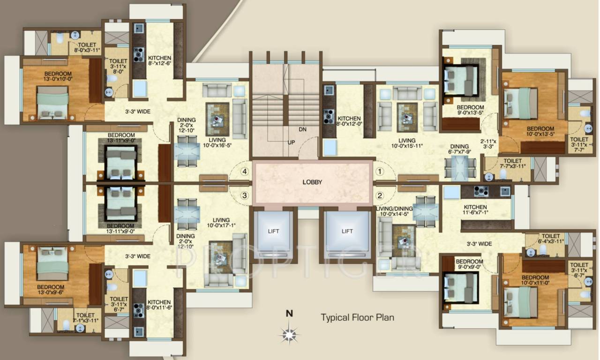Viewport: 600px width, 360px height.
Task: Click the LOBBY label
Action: click(x=312, y=182)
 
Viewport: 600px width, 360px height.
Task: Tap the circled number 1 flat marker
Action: click(x=380, y=172)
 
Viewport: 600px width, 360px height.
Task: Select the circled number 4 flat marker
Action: click(x=244, y=172)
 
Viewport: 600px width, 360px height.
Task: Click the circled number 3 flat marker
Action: click(x=244, y=195)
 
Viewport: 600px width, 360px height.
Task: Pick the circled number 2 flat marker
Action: click(x=380, y=195)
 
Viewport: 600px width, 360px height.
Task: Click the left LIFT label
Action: click(x=273, y=231)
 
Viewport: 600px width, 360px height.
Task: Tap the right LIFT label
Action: click(x=347, y=231)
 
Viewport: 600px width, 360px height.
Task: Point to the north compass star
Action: click(x=290, y=333)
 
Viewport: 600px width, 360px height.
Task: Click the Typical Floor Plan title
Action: click(x=357, y=317)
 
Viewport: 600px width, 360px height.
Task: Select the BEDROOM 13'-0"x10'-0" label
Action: click(x=58, y=77)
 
